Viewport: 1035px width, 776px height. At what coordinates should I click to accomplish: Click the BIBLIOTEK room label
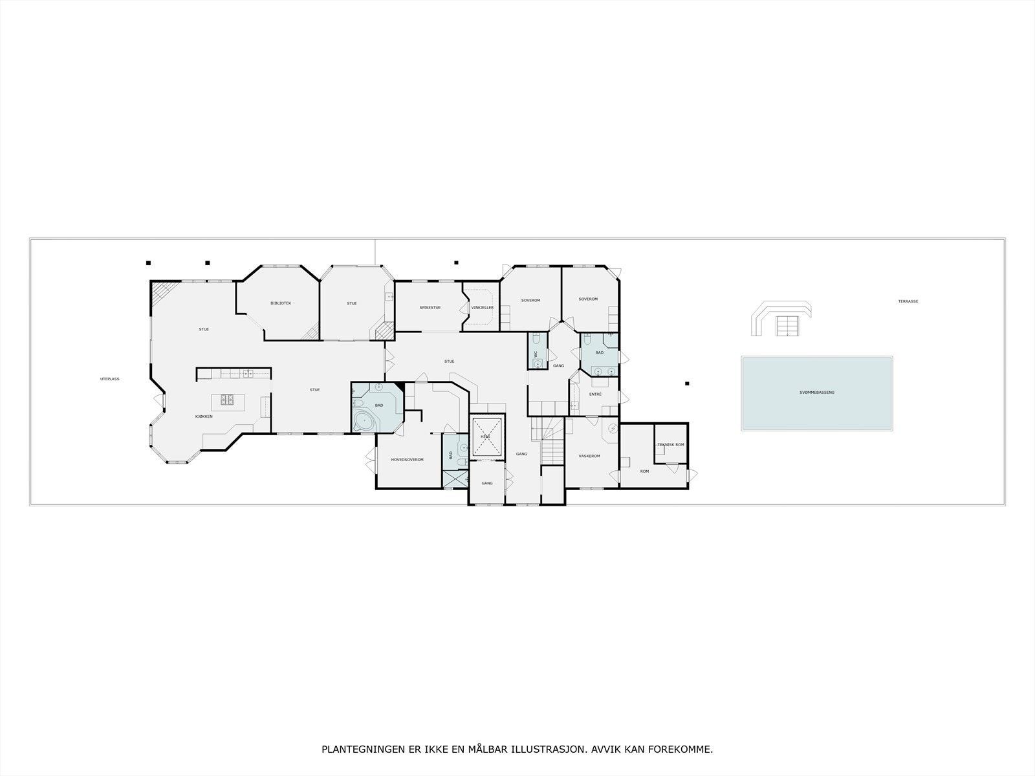click(x=281, y=303)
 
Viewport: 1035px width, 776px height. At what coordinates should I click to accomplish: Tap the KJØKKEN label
click(x=204, y=416)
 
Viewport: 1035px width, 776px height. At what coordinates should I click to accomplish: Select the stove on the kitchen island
click(x=227, y=400)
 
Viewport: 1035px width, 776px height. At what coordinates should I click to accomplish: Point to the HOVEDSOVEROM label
click(x=407, y=460)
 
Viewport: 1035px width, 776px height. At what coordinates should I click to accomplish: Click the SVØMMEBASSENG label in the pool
click(x=817, y=393)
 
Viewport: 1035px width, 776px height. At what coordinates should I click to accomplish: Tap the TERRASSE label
click(x=908, y=301)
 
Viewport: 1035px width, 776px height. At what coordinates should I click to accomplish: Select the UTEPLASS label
click(x=110, y=379)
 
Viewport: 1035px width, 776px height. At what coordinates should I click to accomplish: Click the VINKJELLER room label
click(x=482, y=308)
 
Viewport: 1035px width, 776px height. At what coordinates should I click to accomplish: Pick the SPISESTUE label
click(x=430, y=308)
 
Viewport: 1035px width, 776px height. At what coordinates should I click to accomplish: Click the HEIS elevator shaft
click(x=486, y=438)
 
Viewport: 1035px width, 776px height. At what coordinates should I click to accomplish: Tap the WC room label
click(x=536, y=354)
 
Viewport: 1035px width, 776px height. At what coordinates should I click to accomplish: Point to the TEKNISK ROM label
click(x=670, y=445)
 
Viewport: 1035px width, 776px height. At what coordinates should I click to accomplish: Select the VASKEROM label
click(x=589, y=457)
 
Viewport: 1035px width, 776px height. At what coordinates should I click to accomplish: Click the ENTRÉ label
click(x=595, y=394)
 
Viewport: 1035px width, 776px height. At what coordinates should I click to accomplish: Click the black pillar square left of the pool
click(x=687, y=383)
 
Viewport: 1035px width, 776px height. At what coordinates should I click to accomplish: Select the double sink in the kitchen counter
click(x=248, y=373)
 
